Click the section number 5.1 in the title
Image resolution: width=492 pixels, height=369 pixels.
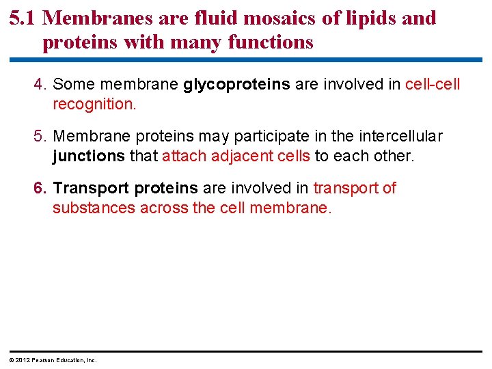point(23,18)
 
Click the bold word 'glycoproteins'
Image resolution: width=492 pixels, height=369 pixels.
point(237,85)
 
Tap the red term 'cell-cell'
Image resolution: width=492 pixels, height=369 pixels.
point(433,84)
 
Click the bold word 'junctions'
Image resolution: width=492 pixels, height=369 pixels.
point(89,156)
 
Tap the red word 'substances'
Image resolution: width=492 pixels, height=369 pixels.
point(94,208)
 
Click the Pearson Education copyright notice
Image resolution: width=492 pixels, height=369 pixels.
point(53,360)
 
